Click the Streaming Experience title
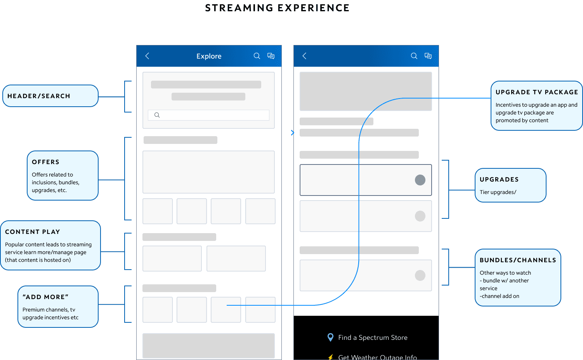pos(277,8)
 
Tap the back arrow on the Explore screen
pos(147,56)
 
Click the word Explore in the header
pos(209,56)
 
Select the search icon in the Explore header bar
pos(257,56)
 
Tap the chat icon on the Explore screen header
pos(271,56)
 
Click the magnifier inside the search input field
pos(157,115)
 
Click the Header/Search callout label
pos(39,96)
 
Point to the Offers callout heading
pos(46,162)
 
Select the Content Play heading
pos(33,232)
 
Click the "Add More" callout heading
pos(45,297)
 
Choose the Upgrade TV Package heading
pos(537,92)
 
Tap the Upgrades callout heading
pos(499,179)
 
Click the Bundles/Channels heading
pos(518,260)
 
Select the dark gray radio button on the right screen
pos(420,180)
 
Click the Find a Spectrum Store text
pos(373,337)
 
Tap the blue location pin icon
pos(330,337)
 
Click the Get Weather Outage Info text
pos(377,357)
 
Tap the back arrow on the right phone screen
pos(304,56)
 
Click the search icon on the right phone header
pos(414,56)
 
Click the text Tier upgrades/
pos(498,192)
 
